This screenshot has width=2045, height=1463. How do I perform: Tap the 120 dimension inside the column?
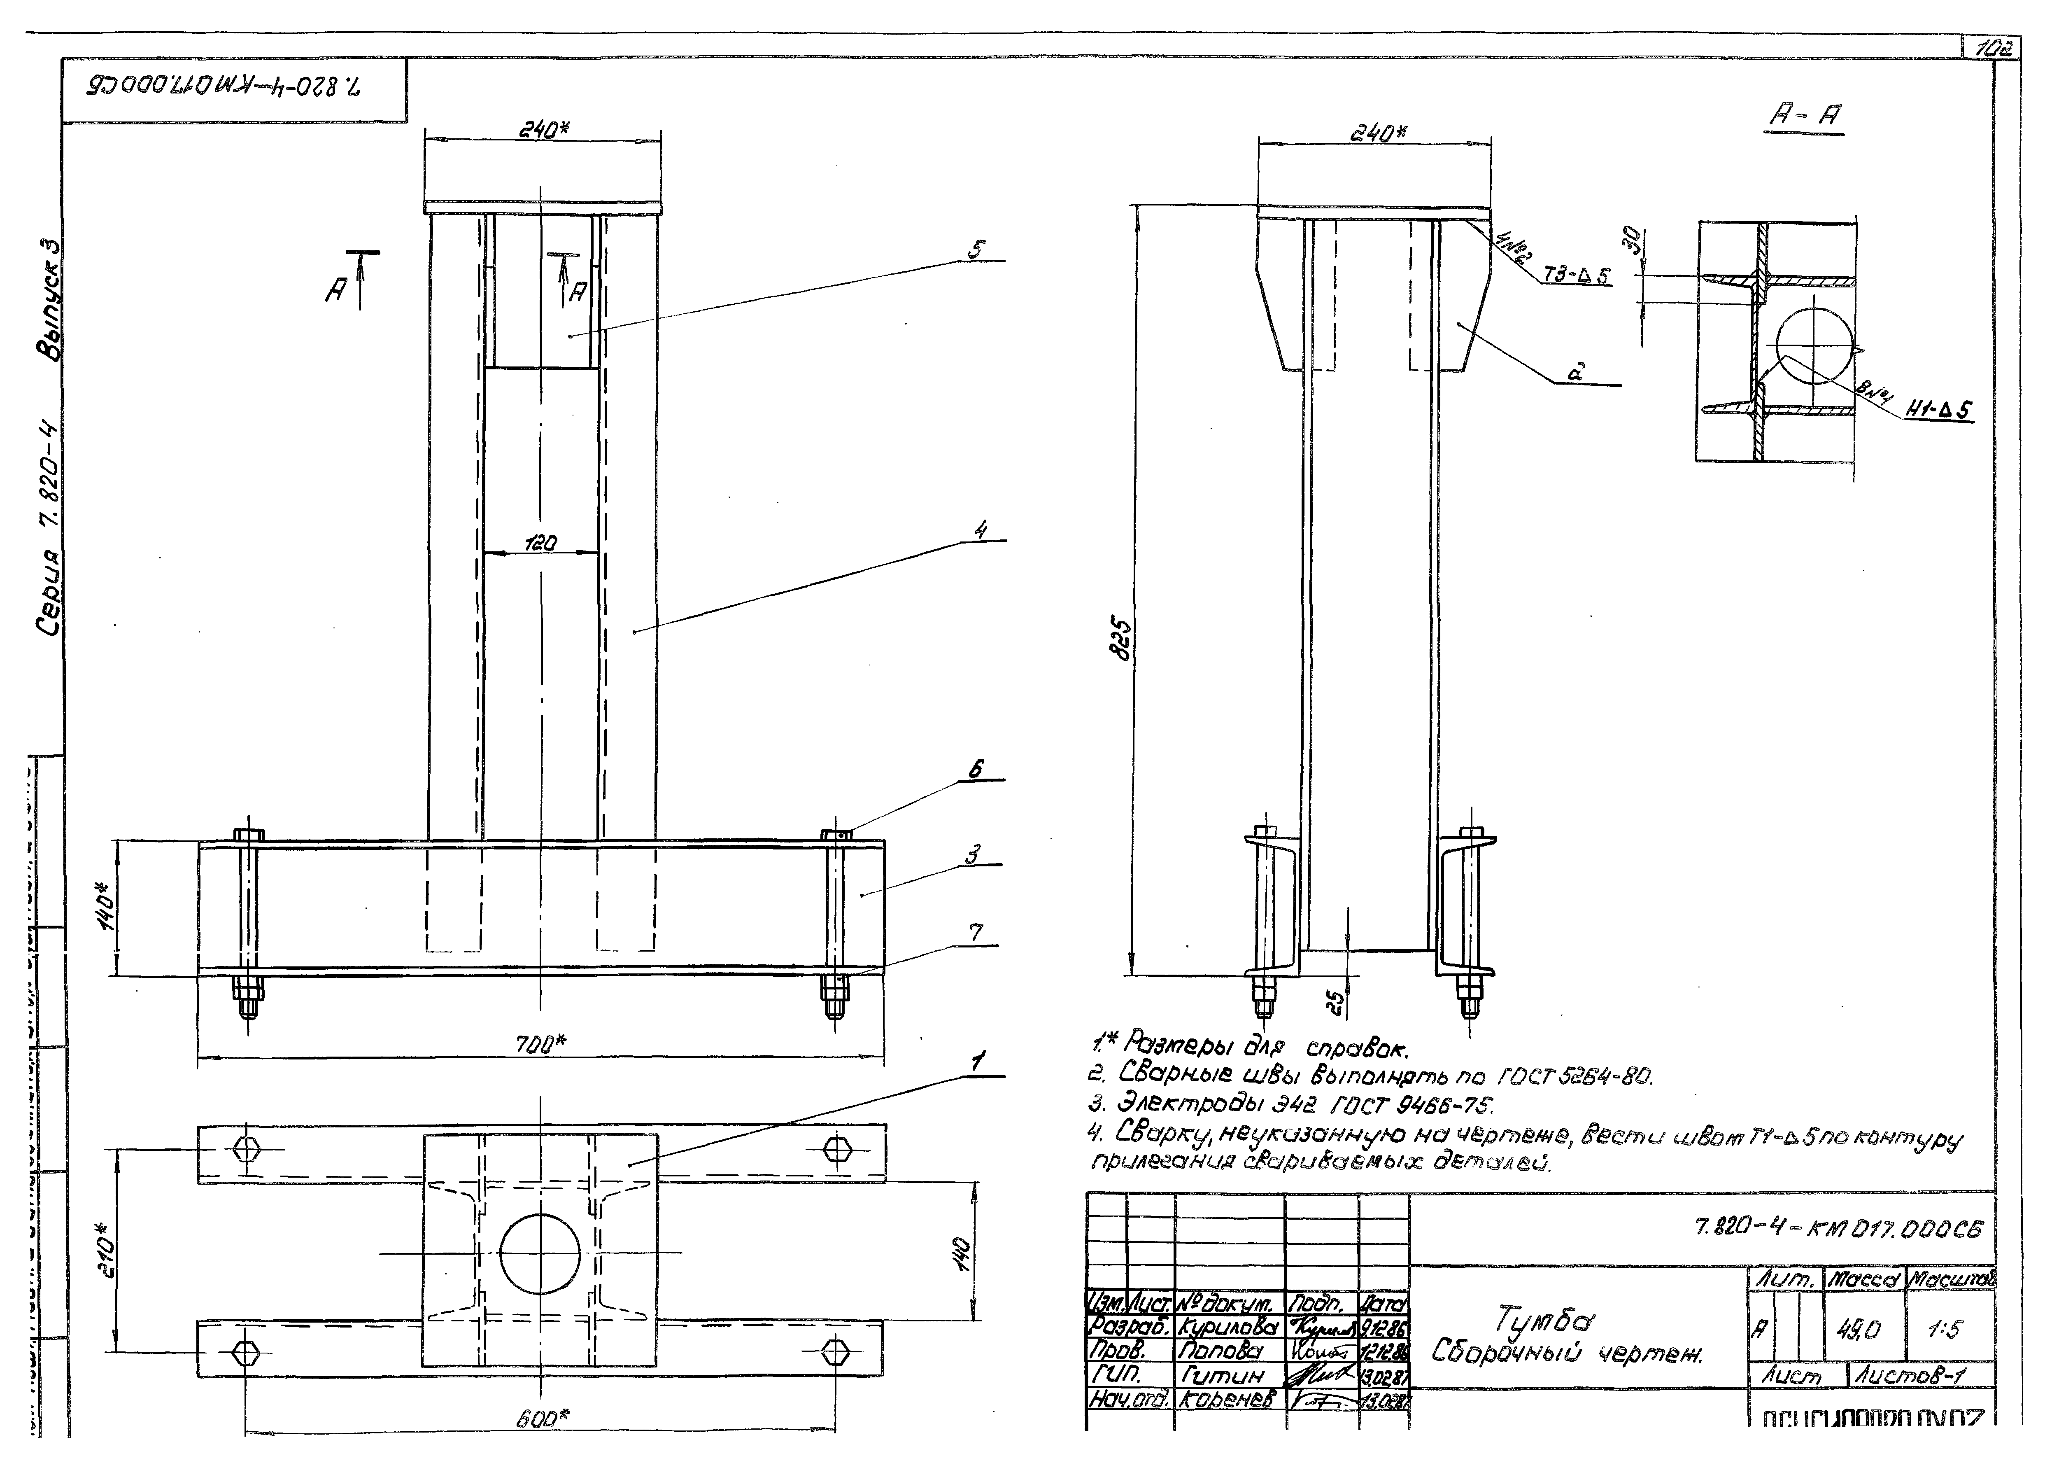click(541, 543)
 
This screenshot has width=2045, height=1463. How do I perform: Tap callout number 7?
click(976, 933)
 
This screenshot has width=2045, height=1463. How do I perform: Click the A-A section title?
click(1806, 115)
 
